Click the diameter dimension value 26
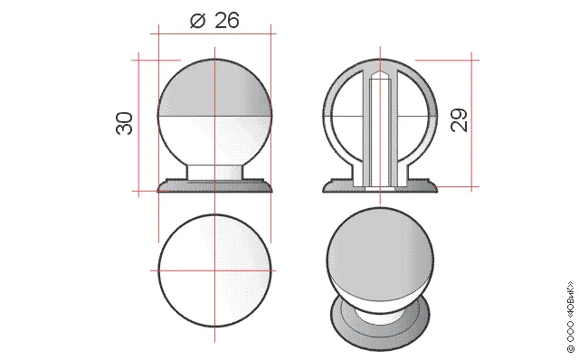click(227, 20)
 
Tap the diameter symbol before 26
click(197, 21)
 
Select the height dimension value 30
click(125, 123)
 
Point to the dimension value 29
click(459, 120)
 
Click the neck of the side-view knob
click(215, 173)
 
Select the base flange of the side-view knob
click(215, 186)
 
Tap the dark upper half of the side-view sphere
click(215, 89)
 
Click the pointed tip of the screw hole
click(380, 72)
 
